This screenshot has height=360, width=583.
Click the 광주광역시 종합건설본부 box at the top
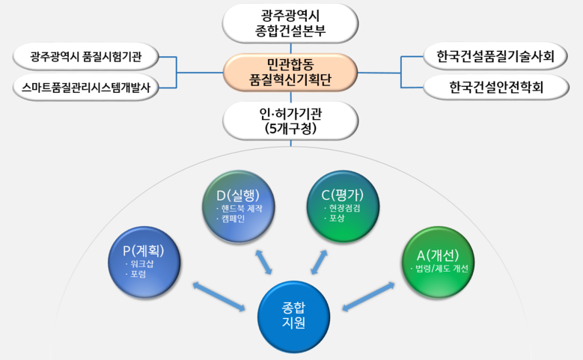[289, 23]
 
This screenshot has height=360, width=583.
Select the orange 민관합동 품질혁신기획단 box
[289, 71]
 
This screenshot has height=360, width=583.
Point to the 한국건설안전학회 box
[492, 87]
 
